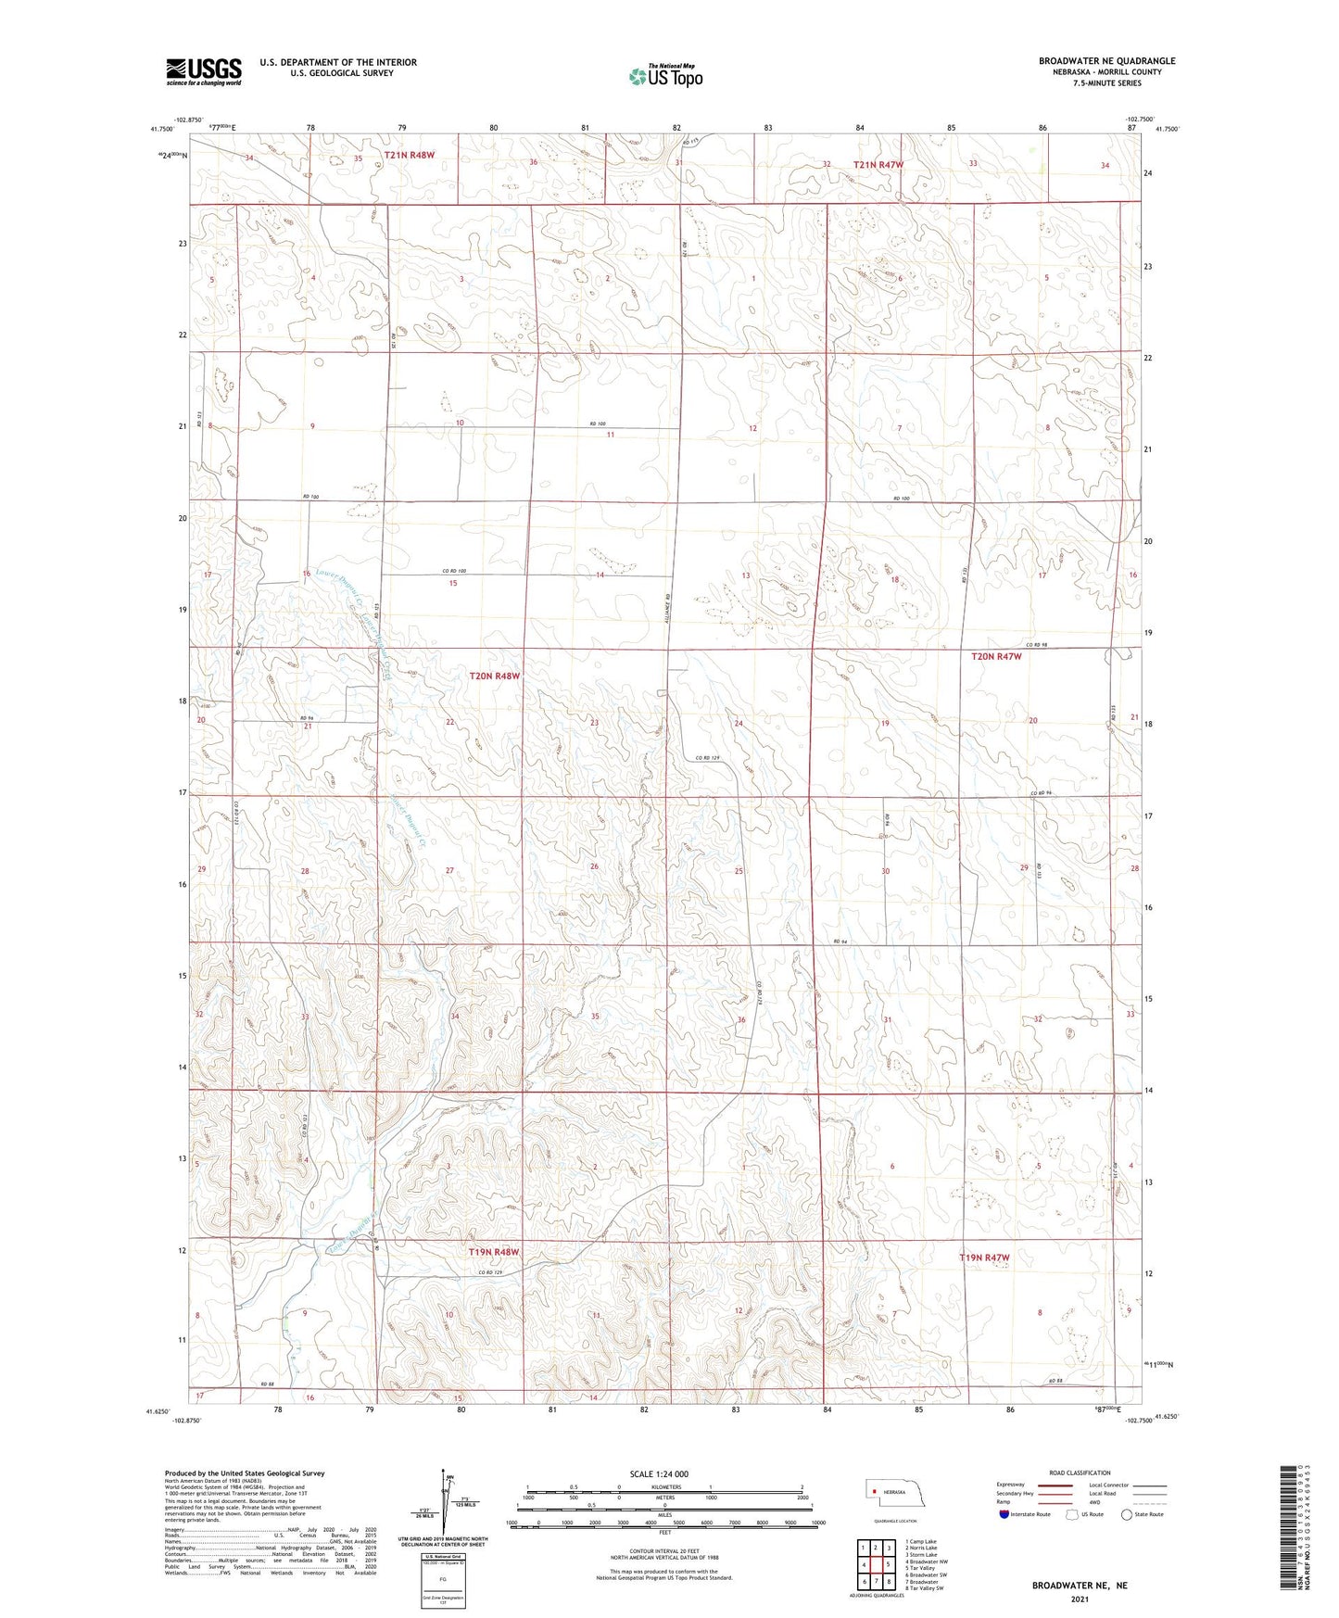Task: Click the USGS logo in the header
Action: (x=204, y=71)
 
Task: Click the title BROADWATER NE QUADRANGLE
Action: (x=1106, y=61)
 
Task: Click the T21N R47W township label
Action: (x=878, y=165)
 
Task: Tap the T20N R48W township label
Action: (x=494, y=676)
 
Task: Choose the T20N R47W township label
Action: (x=996, y=656)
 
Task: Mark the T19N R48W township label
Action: (x=493, y=1252)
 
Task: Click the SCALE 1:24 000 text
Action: (x=659, y=1474)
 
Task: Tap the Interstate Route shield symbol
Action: (x=1004, y=1514)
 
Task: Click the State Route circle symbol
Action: (x=1127, y=1514)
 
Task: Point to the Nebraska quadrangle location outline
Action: (x=894, y=1495)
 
